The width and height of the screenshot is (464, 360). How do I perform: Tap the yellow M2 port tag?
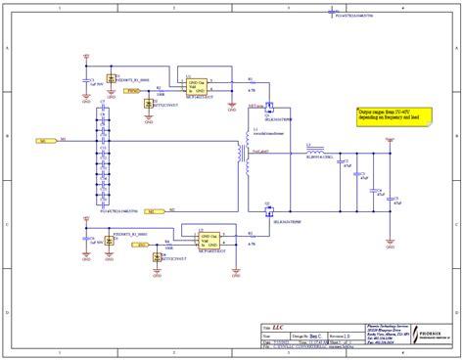(x=145, y=211)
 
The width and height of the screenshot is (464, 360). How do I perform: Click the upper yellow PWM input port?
(x=133, y=91)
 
